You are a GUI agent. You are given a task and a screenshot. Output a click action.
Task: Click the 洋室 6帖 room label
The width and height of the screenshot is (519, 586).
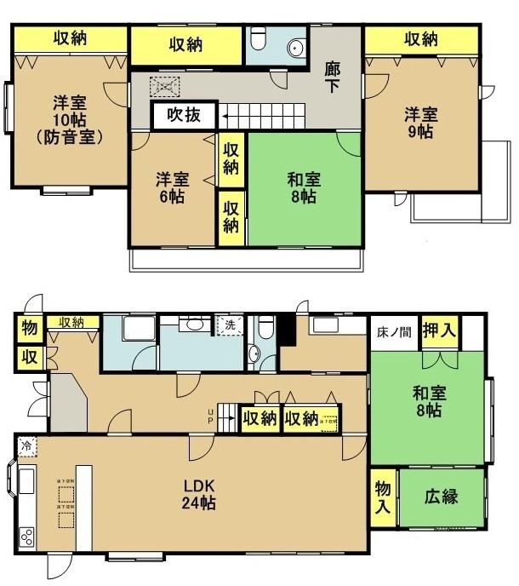point(172,188)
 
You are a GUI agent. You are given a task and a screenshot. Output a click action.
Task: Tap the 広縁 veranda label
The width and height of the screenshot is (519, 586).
point(442,496)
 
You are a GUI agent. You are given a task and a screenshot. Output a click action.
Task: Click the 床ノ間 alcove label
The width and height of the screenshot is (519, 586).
point(393,332)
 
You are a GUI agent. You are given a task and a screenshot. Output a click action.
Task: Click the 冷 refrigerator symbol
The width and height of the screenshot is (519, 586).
point(26,445)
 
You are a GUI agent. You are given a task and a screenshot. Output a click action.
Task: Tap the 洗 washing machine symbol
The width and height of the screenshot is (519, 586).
point(228,325)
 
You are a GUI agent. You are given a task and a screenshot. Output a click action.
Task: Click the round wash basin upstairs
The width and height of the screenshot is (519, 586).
point(295,48)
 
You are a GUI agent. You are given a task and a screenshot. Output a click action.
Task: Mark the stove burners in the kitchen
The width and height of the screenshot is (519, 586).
point(26,537)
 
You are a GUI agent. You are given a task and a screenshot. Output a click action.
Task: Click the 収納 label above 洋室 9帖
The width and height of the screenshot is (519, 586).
point(420,39)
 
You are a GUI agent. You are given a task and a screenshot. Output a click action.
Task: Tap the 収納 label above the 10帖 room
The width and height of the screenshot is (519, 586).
point(71,38)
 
